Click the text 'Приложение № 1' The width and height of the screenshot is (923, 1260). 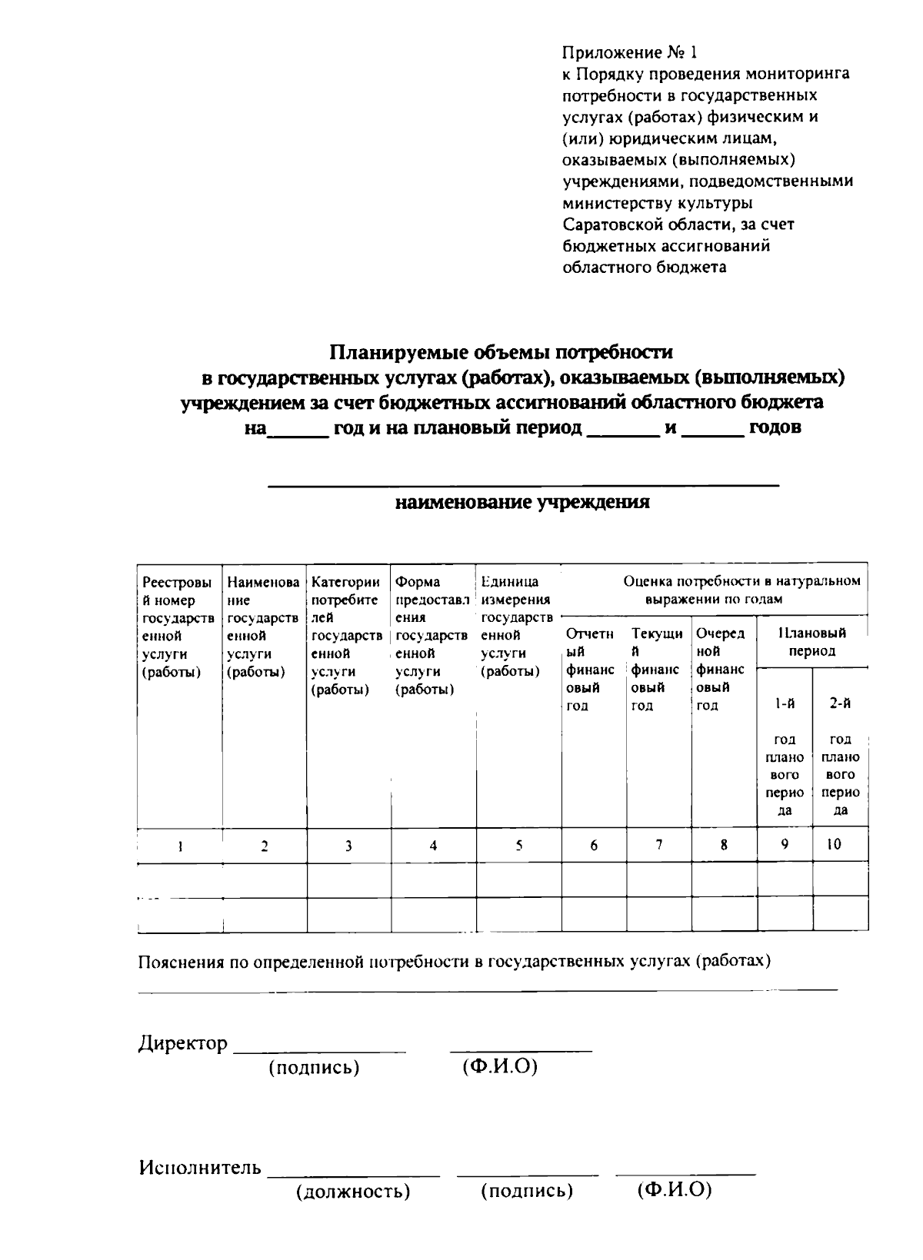[629, 53]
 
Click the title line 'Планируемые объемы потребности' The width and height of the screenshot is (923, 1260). [501, 352]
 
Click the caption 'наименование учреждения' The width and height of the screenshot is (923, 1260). [522, 503]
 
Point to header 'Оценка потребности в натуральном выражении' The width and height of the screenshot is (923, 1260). [741, 590]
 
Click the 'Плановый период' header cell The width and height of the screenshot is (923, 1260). [814, 642]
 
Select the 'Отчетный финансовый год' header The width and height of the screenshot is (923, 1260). [591, 669]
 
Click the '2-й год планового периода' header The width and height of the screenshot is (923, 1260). [841, 756]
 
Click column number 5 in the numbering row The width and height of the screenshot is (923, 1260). [519, 845]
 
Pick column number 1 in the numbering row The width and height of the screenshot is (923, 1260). [180, 846]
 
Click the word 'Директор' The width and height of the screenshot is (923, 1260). [183, 1043]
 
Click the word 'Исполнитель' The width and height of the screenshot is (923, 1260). [200, 1168]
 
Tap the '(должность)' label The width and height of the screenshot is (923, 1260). [353, 1192]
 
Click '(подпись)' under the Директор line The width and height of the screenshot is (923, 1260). [314, 1068]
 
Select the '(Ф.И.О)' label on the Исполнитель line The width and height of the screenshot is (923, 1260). [675, 1190]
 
